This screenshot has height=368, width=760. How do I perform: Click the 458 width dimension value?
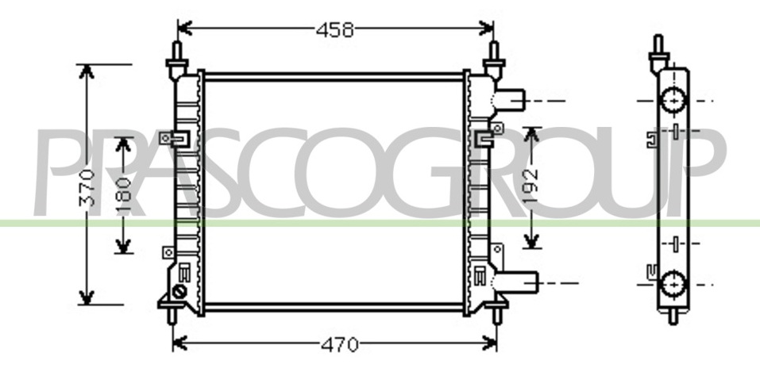pyautogui.click(x=334, y=30)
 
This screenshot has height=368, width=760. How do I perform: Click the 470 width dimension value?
pyautogui.click(x=339, y=345)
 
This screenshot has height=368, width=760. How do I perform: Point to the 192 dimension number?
pyautogui.click(x=532, y=186)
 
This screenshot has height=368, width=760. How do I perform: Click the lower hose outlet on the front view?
pyautogui.click(x=518, y=282)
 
